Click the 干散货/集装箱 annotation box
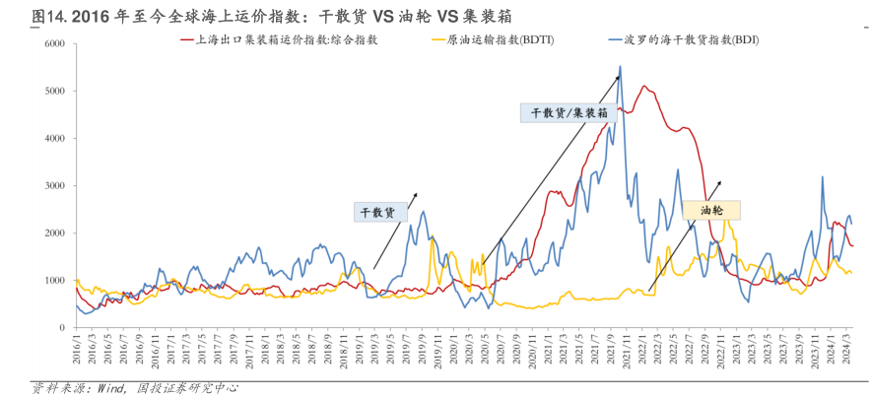point(568,112)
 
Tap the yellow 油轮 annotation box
point(710,210)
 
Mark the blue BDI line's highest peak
point(620,67)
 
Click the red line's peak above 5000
point(644,86)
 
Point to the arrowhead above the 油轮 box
point(720,182)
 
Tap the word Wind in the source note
point(112,387)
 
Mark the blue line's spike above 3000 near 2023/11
point(822,177)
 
